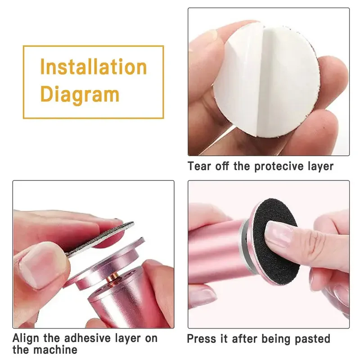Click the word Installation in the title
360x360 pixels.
(x=93, y=67)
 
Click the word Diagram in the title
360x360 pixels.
(x=79, y=94)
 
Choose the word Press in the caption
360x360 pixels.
(x=201, y=338)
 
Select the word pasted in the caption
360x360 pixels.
(x=314, y=338)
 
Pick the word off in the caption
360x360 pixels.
(x=225, y=166)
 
